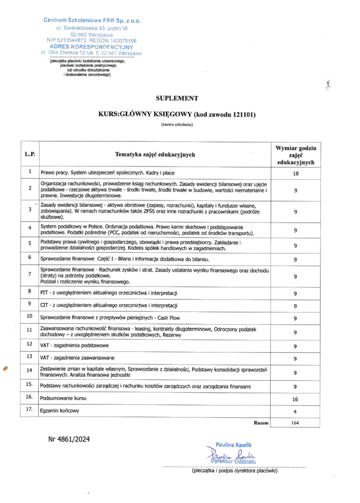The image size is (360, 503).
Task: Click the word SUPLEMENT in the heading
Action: [177, 98]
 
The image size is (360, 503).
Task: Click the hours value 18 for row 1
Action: [295, 173]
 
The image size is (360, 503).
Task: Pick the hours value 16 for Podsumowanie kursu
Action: [295, 399]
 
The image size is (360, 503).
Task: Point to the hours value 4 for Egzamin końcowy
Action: [295, 411]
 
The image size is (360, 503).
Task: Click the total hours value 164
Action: [295, 423]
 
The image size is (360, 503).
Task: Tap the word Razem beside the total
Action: [261, 422]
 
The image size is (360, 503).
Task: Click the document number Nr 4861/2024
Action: [69, 439]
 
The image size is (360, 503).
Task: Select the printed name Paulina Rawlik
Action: [233, 445]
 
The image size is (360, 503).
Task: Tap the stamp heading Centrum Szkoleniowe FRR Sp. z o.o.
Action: [92, 20]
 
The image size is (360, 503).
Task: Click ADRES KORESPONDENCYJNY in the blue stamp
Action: [92, 46]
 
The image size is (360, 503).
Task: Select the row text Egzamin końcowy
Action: [59, 411]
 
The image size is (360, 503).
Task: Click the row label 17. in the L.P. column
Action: [29, 409]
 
